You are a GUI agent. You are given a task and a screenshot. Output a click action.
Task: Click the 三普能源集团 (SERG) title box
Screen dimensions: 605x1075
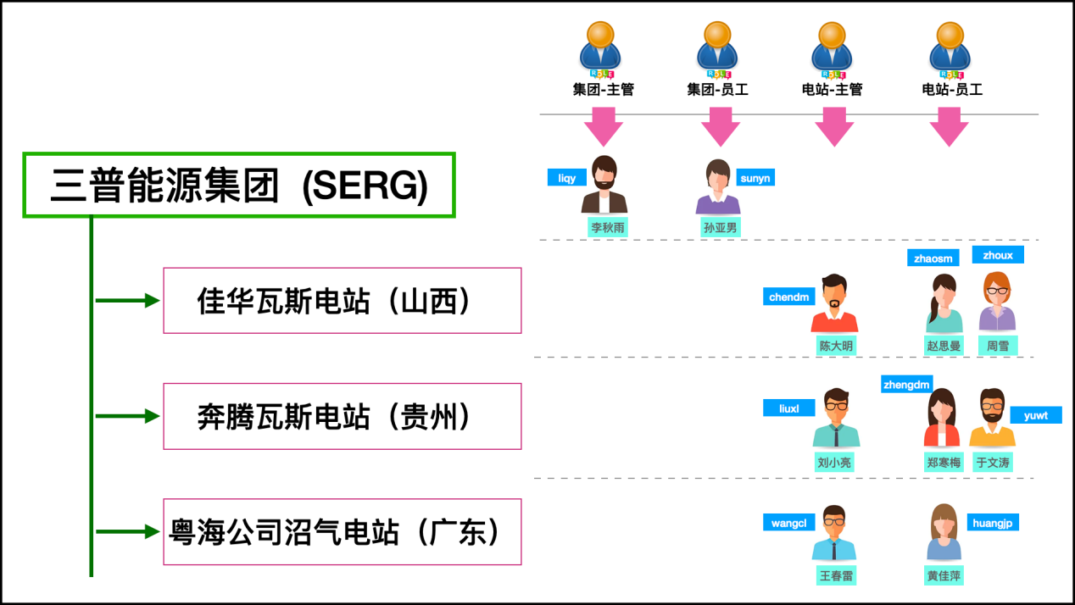[x=239, y=186]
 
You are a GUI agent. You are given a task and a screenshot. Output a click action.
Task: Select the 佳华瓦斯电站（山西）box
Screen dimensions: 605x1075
[x=342, y=301]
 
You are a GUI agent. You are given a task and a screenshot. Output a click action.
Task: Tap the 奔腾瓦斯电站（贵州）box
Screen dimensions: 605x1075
[x=342, y=416]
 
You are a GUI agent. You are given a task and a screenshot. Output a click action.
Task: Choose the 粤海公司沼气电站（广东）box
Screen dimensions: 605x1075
[x=342, y=532]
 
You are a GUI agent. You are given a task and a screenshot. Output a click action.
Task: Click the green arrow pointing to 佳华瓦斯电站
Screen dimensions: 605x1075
[x=127, y=300]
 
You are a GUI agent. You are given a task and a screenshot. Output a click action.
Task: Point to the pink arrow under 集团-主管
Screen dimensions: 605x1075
[x=603, y=126]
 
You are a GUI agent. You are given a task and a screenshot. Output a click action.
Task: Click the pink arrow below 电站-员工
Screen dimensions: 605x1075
[x=949, y=126]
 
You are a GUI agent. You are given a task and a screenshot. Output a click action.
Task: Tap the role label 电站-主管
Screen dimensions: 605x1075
[x=832, y=89]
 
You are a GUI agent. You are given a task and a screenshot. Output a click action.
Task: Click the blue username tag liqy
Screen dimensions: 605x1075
[x=566, y=178]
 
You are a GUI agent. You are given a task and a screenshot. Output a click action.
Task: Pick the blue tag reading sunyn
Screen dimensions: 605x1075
[x=755, y=178]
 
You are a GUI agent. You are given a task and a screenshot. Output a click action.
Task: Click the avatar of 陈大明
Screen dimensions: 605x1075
[x=834, y=303]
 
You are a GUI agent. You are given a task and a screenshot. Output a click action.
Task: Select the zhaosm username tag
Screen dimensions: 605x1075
[x=932, y=258]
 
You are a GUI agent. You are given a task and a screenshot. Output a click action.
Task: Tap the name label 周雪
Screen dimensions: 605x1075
[x=997, y=346]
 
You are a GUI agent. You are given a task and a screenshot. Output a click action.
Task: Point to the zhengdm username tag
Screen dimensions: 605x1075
[x=906, y=385]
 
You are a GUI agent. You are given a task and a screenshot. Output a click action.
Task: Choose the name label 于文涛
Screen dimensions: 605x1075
[x=992, y=463]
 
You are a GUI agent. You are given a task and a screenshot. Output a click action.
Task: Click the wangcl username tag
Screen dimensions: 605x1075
[x=788, y=523]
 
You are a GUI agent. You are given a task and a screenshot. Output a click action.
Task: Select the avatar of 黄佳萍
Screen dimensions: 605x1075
[x=944, y=533]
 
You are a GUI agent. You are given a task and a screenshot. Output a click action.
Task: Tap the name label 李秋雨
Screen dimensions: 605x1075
[x=609, y=227]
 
